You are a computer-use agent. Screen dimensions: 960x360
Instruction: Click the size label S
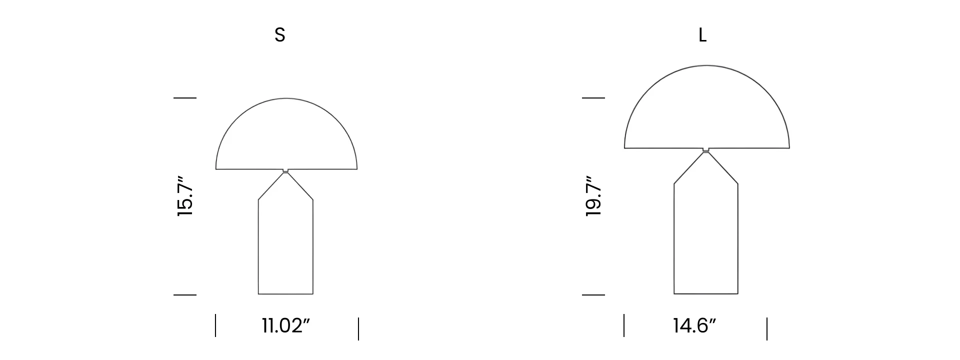coord(280,35)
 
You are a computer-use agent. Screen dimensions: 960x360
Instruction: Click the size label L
coord(702,35)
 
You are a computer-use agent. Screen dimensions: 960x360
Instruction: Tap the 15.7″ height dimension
coord(185,196)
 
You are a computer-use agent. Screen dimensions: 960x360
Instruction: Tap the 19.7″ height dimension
coord(593,196)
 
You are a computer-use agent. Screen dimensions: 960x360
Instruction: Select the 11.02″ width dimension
coord(286,326)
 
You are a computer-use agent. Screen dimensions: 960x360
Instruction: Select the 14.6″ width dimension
coord(694,326)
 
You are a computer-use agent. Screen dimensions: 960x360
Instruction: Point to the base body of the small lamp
coord(285,294)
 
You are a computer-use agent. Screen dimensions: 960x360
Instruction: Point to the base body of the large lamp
coord(706,293)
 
